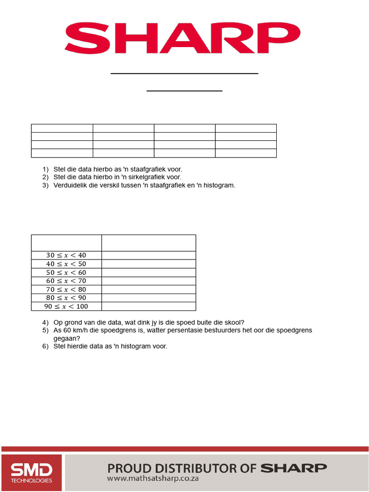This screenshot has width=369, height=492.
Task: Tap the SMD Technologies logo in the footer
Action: click(x=32, y=473)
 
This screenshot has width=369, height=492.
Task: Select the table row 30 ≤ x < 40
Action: click(x=66, y=255)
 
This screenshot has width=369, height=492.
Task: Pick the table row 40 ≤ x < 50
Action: click(x=66, y=264)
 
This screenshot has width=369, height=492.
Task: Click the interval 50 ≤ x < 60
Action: click(x=66, y=272)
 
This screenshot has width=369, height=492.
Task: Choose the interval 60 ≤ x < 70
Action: click(x=66, y=281)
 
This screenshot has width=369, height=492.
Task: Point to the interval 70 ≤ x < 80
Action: click(x=66, y=289)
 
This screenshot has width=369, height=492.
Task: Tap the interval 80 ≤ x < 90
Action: click(x=66, y=298)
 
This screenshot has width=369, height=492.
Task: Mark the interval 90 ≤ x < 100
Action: click(x=66, y=306)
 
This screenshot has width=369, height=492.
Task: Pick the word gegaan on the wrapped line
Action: click(x=67, y=338)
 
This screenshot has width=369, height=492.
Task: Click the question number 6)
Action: click(x=46, y=346)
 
